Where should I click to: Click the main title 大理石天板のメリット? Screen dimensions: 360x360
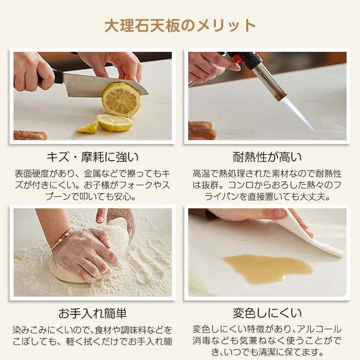(180, 25)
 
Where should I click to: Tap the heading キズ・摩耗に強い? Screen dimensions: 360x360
(93, 157)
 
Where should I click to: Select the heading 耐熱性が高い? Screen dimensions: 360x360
(267, 157)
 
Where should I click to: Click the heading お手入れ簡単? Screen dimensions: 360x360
(93, 313)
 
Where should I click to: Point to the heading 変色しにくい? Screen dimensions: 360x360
(267, 313)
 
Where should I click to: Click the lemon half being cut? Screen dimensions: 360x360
(121, 99)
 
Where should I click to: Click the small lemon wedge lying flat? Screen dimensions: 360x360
(88, 128)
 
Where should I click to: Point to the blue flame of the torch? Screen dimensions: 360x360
(299, 115)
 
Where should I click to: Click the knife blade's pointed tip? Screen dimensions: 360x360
(148, 93)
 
